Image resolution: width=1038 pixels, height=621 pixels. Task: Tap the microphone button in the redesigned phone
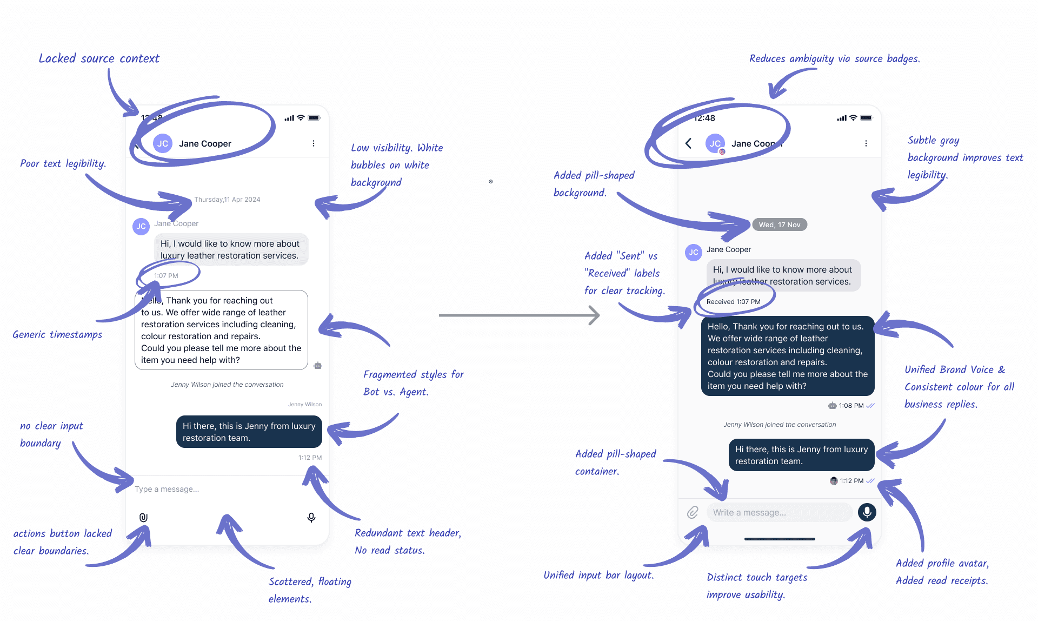click(x=867, y=512)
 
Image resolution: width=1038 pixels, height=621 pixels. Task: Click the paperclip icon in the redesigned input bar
click(x=693, y=512)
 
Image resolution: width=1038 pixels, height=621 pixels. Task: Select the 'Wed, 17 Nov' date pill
click(x=779, y=224)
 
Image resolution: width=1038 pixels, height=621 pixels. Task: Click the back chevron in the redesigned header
click(x=688, y=143)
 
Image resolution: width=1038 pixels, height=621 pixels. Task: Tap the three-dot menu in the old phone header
click(x=314, y=143)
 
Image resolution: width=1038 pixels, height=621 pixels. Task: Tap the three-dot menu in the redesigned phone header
click(x=866, y=143)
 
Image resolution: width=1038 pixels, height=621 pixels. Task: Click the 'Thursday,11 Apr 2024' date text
click(x=227, y=200)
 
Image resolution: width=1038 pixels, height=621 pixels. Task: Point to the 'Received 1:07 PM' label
click(x=733, y=302)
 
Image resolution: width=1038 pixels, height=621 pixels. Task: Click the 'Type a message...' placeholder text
click(x=167, y=489)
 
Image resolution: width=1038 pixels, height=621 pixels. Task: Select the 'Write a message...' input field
click(x=778, y=512)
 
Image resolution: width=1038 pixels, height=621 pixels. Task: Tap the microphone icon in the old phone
click(x=311, y=518)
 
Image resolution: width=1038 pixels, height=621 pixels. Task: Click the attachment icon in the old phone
click(x=143, y=518)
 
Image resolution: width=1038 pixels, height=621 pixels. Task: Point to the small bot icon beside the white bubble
click(x=318, y=366)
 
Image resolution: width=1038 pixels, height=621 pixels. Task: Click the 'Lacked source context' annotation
click(x=99, y=58)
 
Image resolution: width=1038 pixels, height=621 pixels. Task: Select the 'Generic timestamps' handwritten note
click(x=57, y=334)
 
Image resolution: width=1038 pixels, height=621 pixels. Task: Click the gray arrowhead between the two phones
click(x=594, y=315)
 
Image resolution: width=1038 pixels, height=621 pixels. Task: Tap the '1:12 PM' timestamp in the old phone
click(x=310, y=458)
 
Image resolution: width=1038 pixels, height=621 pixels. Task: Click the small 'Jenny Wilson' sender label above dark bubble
click(x=305, y=405)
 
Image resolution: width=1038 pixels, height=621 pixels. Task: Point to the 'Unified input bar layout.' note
click(x=598, y=575)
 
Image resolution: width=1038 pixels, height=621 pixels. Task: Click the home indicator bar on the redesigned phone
click(x=780, y=539)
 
